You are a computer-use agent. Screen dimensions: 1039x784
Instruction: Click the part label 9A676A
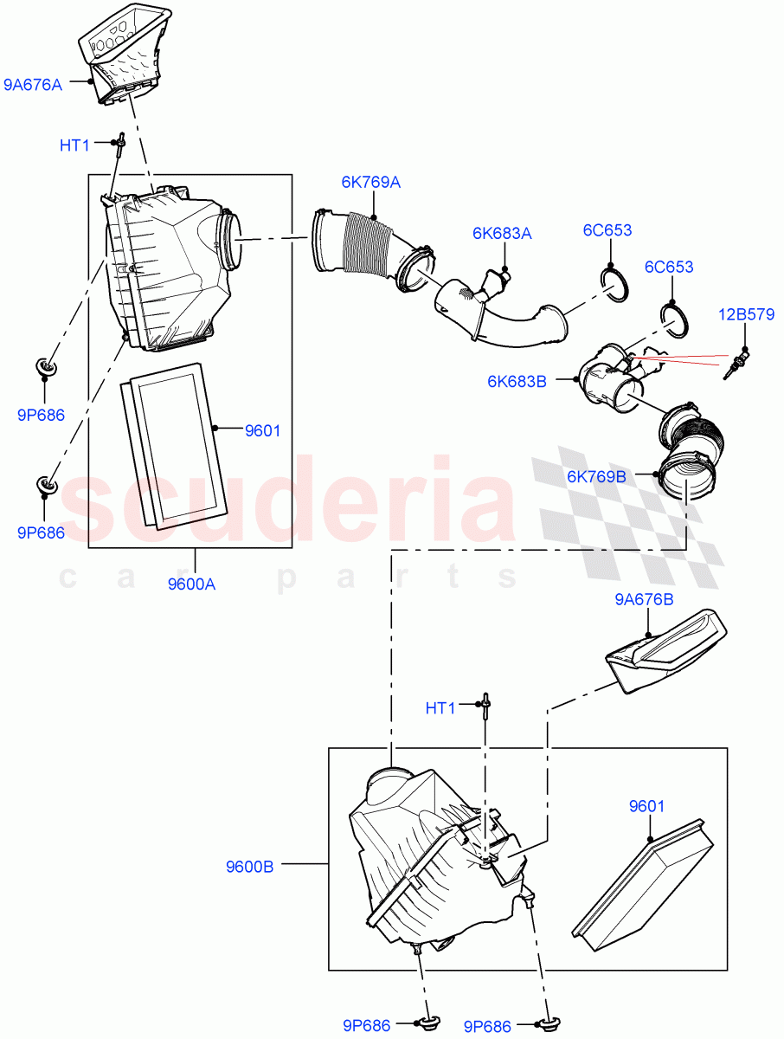click(33, 85)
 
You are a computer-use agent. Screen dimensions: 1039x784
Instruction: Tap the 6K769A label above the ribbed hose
click(370, 183)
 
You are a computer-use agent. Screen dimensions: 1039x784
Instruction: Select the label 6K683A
click(502, 233)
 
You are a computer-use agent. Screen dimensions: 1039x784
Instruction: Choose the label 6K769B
click(597, 475)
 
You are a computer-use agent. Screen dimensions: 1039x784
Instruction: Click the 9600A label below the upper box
click(191, 584)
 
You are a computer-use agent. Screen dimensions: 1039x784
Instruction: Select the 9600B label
click(249, 865)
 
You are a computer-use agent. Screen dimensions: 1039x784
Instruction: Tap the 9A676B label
click(644, 598)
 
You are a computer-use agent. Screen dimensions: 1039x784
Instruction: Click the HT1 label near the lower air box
click(440, 708)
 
